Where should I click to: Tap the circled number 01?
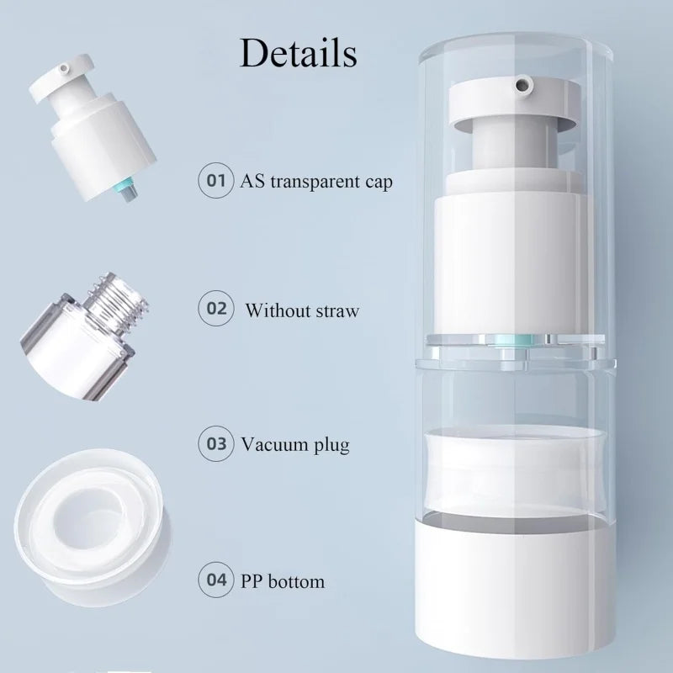(216, 180)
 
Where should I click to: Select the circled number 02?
(216, 309)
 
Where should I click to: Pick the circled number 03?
(216, 443)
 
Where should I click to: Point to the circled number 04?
(216, 580)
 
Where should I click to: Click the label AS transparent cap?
(316, 181)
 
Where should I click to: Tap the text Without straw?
(302, 310)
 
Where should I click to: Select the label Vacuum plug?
(294, 445)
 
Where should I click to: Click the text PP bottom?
(283, 581)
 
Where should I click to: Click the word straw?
(338, 310)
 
